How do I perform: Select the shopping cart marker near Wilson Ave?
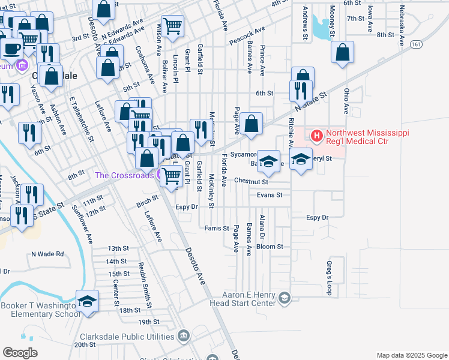pos(172,26)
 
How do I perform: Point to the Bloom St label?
pos(270,247)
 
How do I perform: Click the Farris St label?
pos(217,228)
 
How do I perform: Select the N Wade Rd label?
pos(47,254)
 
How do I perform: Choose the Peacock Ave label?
pos(247,36)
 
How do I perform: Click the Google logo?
pos(20,353)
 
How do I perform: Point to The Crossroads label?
pos(124,176)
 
